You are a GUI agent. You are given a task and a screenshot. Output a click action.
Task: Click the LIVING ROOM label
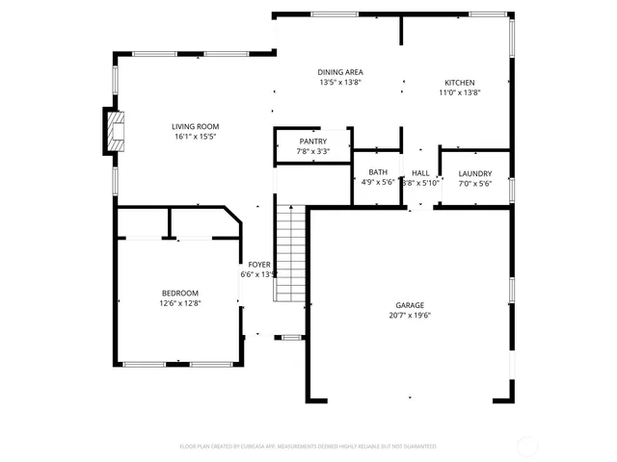(x=195, y=126)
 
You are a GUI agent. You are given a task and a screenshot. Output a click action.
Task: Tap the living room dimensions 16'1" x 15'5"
(x=195, y=137)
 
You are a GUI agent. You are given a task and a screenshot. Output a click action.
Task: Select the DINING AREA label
(x=340, y=72)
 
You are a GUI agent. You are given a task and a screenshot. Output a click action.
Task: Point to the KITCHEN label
(x=459, y=82)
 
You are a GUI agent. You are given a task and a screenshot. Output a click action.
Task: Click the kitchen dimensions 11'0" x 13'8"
(x=459, y=92)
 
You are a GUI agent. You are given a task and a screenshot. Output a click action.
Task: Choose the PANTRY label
(x=312, y=141)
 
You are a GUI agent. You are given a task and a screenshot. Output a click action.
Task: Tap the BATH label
(x=377, y=172)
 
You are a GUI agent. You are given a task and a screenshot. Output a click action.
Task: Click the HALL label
(x=420, y=172)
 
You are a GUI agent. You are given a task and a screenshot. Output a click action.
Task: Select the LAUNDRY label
(x=474, y=173)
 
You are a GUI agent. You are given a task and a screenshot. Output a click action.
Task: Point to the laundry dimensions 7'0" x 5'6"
(x=474, y=183)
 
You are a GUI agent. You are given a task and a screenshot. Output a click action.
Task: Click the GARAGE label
(x=410, y=305)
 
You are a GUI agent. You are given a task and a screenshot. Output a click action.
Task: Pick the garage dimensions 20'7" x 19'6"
(x=410, y=315)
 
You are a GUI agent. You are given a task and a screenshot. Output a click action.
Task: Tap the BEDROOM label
(x=179, y=294)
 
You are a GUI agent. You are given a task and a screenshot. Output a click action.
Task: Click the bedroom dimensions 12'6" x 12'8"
(x=179, y=303)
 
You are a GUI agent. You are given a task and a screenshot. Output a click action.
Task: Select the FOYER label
(x=259, y=264)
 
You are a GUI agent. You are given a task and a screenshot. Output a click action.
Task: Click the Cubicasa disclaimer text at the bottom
(x=308, y=447)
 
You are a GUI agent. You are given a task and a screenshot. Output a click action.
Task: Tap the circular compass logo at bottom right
(x=530, y=445)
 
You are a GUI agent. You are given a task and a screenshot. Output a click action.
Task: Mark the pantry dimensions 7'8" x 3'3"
(x=312, y=151)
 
